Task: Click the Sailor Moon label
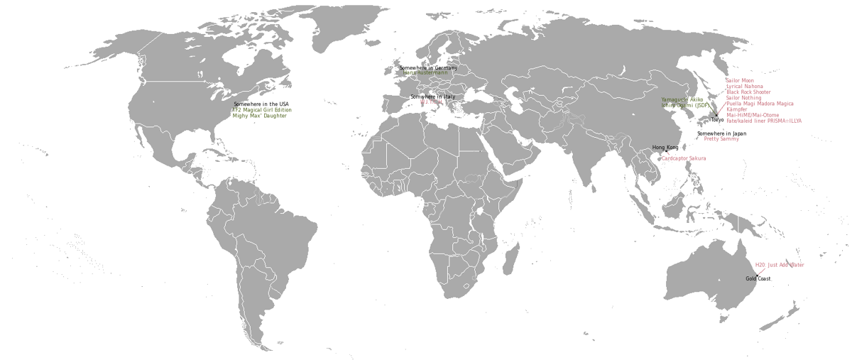[739, 81]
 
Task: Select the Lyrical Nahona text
[745, 87]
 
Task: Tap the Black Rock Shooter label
[748, 92]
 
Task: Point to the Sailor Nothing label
[743, 98]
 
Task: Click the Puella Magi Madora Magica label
[760, 104]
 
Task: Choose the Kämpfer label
[738, 109]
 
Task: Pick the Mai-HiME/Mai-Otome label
[752, 115]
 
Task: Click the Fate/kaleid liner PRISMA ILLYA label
[763, 121]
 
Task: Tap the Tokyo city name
[717, 119]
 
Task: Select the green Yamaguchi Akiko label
[682, 100]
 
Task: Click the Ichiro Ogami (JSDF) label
[685, 106]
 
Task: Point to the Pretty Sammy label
[721, 139]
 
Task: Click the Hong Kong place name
[665, 148]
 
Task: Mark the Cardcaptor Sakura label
[684, 158]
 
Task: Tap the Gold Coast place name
[758, 279]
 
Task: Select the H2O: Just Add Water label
[780, 265]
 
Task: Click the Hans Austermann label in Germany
[425, 73]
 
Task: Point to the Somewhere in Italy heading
[432, 97]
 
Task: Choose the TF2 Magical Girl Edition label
[262, 110]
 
